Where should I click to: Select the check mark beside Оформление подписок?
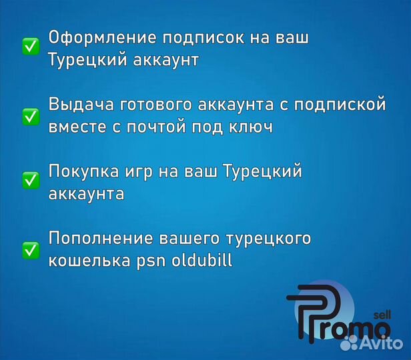point(30,46)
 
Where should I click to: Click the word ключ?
point(254,127)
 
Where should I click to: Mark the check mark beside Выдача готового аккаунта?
point(30,115)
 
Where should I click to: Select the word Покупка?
point(81,171)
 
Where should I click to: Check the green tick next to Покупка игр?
point(30,180)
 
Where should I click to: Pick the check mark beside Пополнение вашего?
point(30,249)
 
